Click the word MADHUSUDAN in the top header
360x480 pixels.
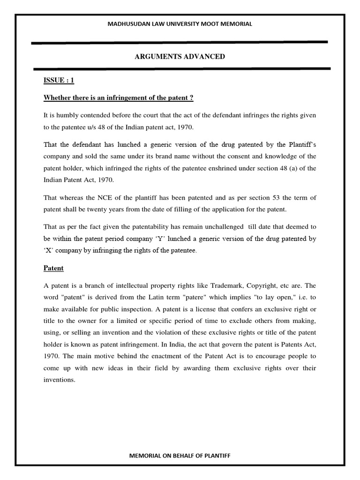click(126, 24)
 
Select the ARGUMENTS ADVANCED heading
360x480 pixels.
click(180, 57)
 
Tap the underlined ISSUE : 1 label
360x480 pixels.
click(59, 81)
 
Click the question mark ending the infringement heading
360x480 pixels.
click(191, 97)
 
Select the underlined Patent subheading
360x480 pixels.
click(53, 269)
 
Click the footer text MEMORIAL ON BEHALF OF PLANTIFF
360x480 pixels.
click(180, 456)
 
